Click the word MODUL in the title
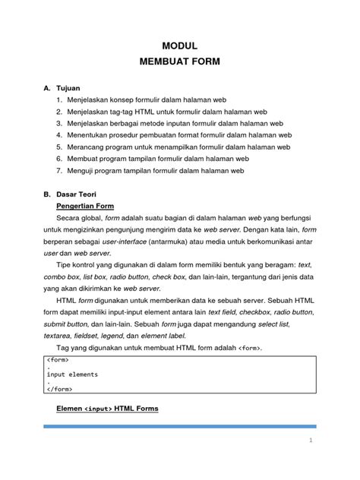click(x=179, y=46)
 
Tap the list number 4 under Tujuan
click(x=59, y=134)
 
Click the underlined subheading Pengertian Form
click(x=86, y=206)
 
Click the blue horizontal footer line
click(x=179, y=427)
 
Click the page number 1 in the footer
click(x=311, y=441)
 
